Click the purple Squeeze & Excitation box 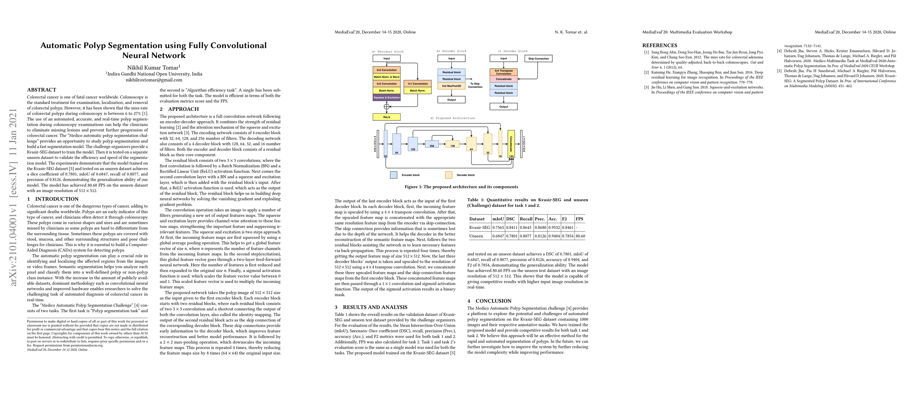click(x=386, y=98)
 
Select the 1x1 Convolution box click(x=418, y=84)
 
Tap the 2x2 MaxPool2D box click(x=451, y=86)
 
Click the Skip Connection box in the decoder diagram click(x=539, y=58)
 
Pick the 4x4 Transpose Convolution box click(x=503, y=72)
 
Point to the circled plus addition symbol click(x=387, y=106)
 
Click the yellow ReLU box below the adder click(x=387, y=117)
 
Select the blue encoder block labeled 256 click(x=432, y=144)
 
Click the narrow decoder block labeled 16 click(x=500, y=144)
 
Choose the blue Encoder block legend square click(x=393, y=175)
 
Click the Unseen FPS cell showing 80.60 click(x=580, y=236)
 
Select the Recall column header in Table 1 click(x=526, y=219)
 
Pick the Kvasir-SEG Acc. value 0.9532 click(x=554, y=227)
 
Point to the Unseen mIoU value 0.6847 click(x=498, y=236)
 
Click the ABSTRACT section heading click(x=41, y=90)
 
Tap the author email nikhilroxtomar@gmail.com click(x=154, y=80)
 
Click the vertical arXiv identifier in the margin click(x=14, y=197)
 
